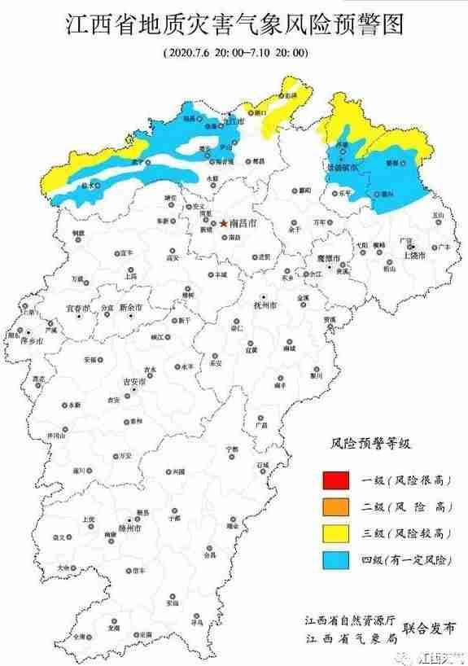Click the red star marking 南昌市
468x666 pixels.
tap(224, 221)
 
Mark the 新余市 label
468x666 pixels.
tap(130, 309)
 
